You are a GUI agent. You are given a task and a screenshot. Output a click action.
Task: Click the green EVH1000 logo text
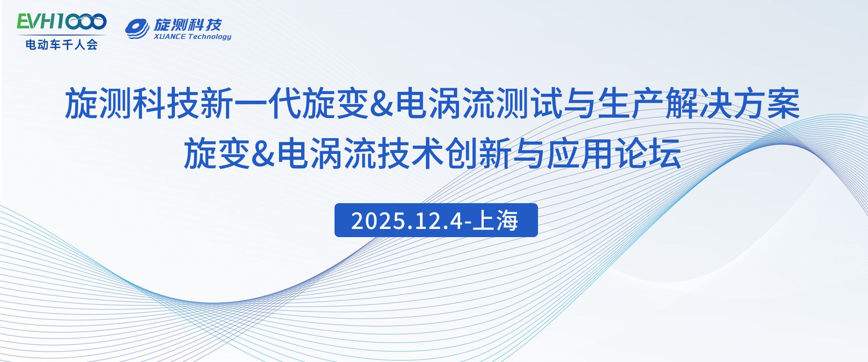click(x=61, y=22)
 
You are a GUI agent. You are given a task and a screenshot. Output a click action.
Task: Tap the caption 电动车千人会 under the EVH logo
click(x=61, y=44)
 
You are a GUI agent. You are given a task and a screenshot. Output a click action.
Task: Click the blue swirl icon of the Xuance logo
click(x=137, y=29)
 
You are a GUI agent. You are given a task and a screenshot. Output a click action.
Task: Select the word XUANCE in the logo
click(x=170, y=37)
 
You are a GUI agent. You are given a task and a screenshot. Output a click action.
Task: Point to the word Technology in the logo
click(x=210, y=37)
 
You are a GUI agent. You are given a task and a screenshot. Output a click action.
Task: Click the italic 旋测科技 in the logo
click(x=187, y=24)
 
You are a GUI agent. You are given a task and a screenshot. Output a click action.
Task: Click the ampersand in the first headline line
click(x=382, y=104)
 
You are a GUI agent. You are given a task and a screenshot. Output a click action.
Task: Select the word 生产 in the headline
click(x=631, y=104)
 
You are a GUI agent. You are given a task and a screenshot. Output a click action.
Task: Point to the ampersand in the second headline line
click(x=263, y=154)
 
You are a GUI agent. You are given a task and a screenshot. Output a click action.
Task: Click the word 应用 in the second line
click(x=580, y=154)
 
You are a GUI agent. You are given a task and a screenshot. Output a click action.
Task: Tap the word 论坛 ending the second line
click(x=647, y=154)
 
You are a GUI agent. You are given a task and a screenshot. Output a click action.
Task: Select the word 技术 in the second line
click(x=411, y=154)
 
